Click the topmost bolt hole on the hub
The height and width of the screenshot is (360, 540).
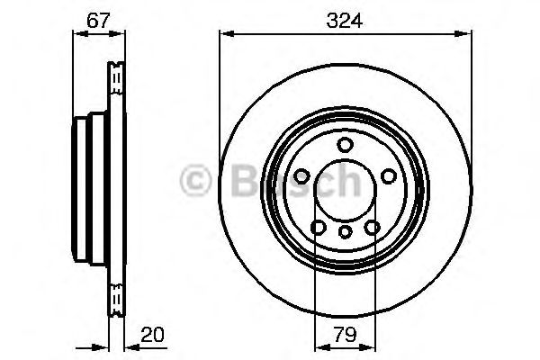pyautogui.click(x=346, y=146)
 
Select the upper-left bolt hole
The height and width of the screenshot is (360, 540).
pyautogui.click(x=302, y=177)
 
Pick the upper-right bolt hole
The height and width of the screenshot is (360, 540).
pyautogui.click(x=389, y=177)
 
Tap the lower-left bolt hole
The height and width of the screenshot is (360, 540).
pyautogui.click(x=318, y=228)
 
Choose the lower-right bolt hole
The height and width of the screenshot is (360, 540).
pyautogui.click(x=373, y=228)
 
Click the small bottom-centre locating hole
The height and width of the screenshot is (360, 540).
pyautogui.click(x=346, y=233)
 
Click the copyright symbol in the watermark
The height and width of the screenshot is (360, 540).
pyautogui.click(x=195, y=180)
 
